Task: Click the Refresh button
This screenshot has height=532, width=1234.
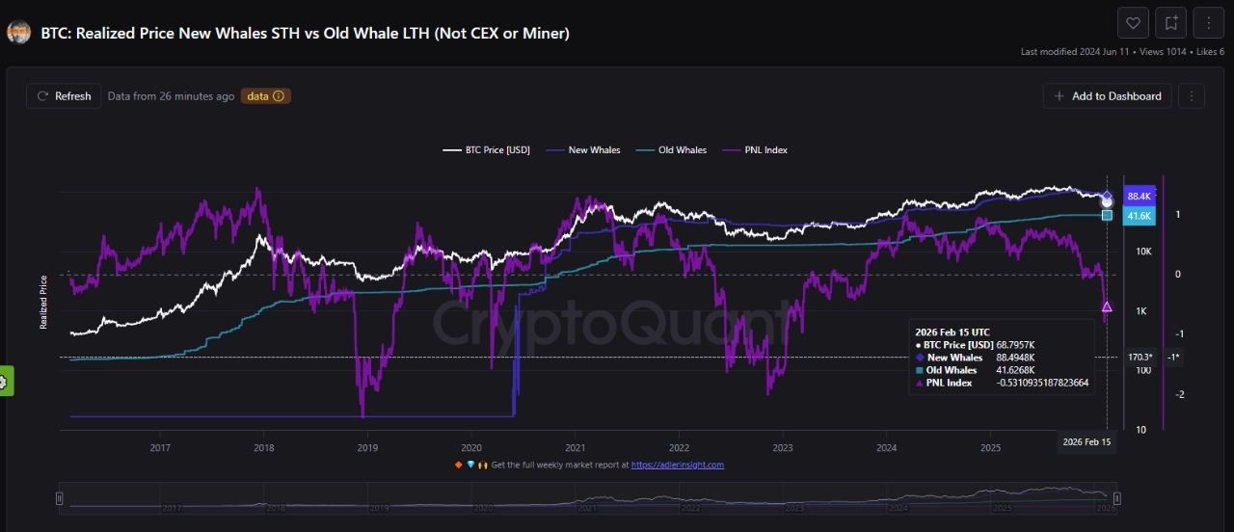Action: point(64,96)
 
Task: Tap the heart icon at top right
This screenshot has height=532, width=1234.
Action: point(1133,23)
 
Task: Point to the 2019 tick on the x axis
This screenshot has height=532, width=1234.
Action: point(367,447)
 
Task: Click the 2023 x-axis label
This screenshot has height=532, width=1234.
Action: point(783,447)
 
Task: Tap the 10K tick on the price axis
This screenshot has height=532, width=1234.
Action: point(1143,252)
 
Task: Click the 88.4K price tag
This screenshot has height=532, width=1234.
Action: point(1140,197)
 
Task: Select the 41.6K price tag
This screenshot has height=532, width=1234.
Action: point(1140,216)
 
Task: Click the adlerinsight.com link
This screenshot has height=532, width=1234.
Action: point(677,465)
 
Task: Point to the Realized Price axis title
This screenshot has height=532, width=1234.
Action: point(43,303)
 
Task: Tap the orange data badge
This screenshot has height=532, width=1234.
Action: point(265,96)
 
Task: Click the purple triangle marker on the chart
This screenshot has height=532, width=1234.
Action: point(1107,307)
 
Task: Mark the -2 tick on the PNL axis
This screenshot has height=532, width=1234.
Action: point(1178,394)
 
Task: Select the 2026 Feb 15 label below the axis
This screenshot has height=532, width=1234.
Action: point(1086,441)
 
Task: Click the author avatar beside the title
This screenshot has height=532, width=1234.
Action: point(18,33)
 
